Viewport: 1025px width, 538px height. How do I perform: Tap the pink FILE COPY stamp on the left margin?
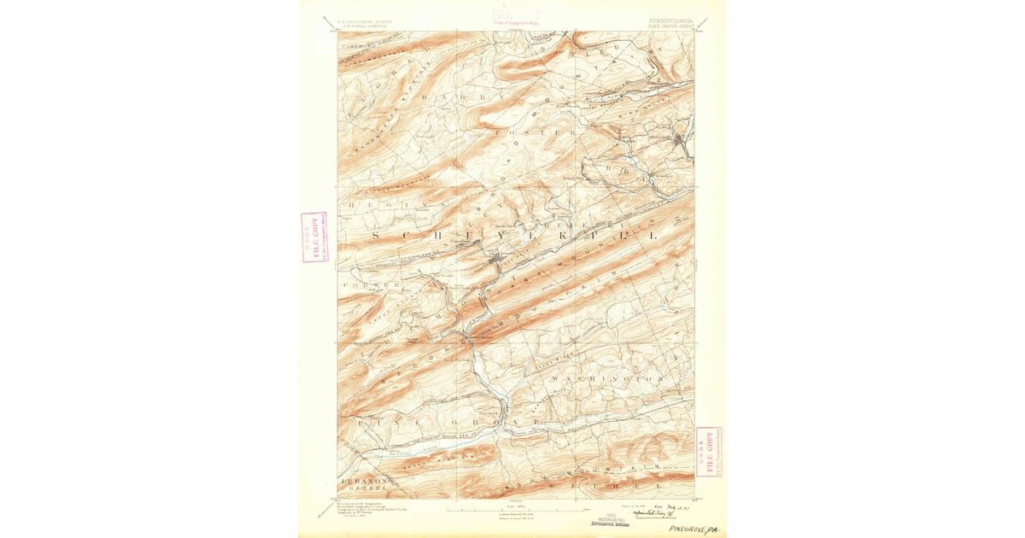(314, 237)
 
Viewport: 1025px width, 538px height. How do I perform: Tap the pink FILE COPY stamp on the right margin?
(709, 450)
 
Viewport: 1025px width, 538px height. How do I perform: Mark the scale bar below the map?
(512, 510)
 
